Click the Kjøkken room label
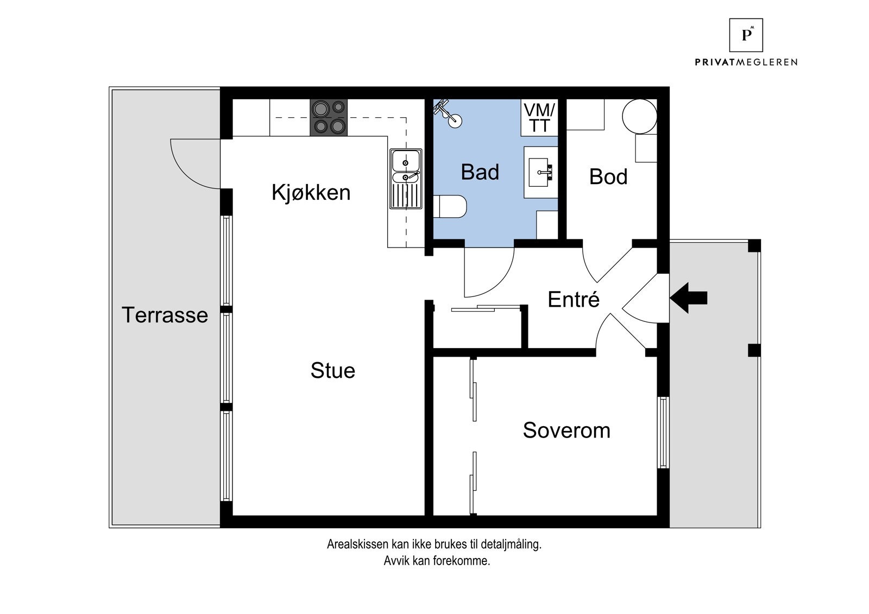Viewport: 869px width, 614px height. coord(311,193)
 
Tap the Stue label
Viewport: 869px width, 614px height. coord(332,371)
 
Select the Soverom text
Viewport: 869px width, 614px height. coord(566,431)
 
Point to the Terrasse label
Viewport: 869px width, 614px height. coord(165,315)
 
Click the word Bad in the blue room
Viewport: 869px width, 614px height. coord(480,172)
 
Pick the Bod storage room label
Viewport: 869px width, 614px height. coord(608,177)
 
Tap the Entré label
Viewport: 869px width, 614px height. coord(573,300)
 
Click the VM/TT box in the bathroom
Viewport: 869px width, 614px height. coord(539,118)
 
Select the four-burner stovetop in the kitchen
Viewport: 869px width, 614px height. coord(328,118)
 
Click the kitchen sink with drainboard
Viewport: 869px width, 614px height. coord(405,179)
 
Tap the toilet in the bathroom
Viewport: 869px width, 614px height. coord(451,207)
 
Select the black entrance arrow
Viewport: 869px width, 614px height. coord(688,297)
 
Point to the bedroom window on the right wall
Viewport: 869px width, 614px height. coord(663,432)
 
